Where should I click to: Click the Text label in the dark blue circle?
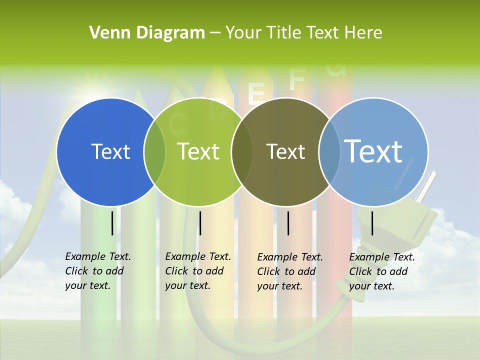click(x=110, y=151)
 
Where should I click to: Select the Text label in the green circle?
click(x=198, y=151)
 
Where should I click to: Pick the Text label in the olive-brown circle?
click(x=285, y=151)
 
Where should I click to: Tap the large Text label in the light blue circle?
click(x=373, y=151)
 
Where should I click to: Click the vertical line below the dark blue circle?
click(x=112, y=223)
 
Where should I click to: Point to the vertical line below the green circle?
click(x=200, y=223)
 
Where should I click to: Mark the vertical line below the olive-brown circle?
click(x=288, y=223)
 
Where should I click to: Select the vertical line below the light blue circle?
click(x=372, y=223)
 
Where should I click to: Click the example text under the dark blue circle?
click(x=97, y=271)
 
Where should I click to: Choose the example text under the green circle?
click(x=197, y=271)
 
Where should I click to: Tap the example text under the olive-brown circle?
click(x=289, y=271)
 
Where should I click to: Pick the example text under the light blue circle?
click(x=381, y=271)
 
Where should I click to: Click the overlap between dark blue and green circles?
click(x=154, y=151)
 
